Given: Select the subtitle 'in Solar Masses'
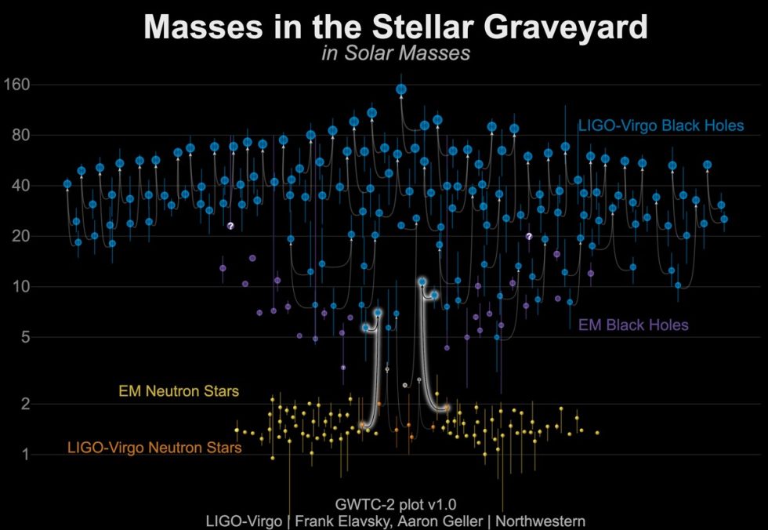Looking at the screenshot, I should (395, 53).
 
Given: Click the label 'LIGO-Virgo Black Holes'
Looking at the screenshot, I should (661, 125).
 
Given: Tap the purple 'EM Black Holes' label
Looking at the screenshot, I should (633, 325).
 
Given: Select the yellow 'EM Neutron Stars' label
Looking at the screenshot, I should (179, 390).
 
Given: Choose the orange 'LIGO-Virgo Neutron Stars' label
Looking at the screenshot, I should (154, 448).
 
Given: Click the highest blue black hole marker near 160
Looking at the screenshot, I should (401, 89).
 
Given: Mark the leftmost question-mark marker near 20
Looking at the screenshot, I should (230, 226).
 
